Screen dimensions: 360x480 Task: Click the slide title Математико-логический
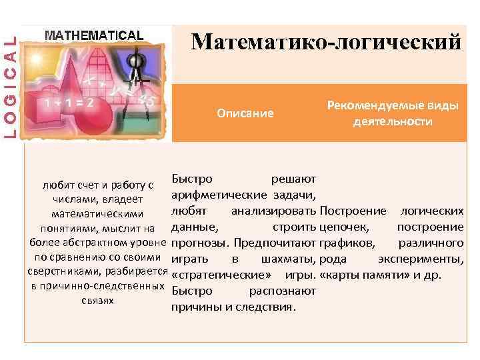(x=325, y=42)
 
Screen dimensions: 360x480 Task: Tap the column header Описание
(x=245, y=113)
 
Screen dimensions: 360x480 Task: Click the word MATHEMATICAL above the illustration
(x=93, y=35)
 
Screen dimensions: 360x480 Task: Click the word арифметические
(x=219, y=195)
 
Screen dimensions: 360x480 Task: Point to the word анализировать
(x=273, y=211)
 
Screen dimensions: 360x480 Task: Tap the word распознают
(x=283, y=291)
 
